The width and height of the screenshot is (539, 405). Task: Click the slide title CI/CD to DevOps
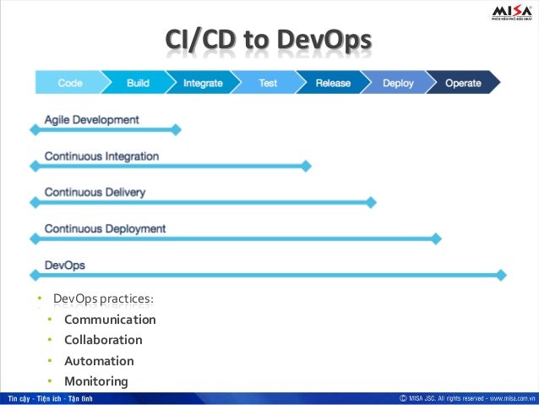pos(268,41)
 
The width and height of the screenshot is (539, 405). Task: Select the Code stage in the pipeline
pos(69,83)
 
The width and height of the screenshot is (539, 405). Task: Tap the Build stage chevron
pos(138,83)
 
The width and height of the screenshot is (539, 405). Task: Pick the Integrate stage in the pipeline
pos(203,83)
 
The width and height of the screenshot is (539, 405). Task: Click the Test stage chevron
pos(268,83)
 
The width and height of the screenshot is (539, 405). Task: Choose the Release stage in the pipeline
pos(333,83)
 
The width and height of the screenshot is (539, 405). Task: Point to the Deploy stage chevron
pos(398,83)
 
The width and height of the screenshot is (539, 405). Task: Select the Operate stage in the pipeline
pos(463,83)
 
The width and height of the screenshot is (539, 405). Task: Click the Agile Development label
pos(91,119)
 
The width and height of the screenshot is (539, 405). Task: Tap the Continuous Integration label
pos(101,156)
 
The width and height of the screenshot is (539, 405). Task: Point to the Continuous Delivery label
pos(95,192)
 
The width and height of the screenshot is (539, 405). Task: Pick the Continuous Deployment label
pos(105,228)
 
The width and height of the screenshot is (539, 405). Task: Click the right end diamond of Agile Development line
pos(177,129)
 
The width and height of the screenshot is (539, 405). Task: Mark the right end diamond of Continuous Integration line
pos(307,167)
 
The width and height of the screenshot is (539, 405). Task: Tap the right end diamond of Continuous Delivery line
pos(372,203)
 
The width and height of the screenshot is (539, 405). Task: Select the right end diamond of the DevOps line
pos(501,275)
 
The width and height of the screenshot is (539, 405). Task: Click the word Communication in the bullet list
pos(110,320)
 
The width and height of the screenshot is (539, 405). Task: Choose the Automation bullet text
pos(99,361)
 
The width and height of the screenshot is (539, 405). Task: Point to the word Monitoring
pos(96,381)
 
